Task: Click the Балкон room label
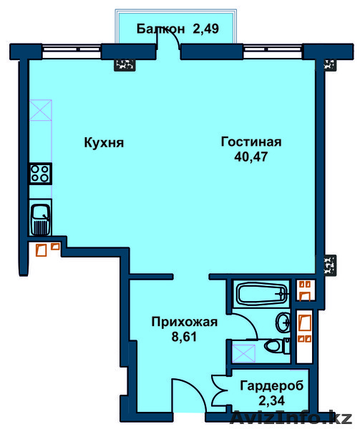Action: pos(160,29)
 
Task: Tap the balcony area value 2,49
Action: pos(206,29)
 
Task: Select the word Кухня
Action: pos(104,143)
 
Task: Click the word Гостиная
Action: pos(251,142)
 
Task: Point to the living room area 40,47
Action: pos(251,157)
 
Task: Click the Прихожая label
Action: pos(185,322)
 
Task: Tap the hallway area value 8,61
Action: pos(184,337)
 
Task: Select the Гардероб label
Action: pos(272,386)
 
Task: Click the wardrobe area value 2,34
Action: pos(271,400)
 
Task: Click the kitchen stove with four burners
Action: pos(41,174)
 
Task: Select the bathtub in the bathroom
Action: pos(262,294)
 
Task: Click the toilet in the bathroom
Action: pos(276,346)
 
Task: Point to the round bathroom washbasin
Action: pos(283,323)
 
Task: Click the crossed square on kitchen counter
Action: pos(41,110)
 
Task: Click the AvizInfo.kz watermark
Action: pos(291,418)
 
